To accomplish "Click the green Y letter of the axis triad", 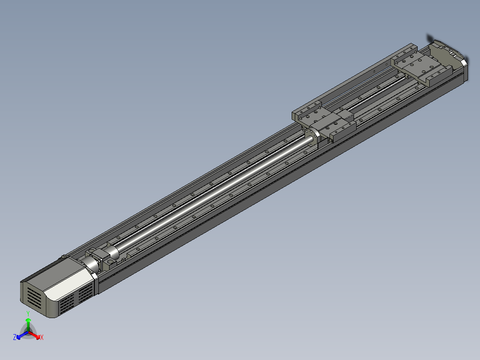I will click(x=28, y=314).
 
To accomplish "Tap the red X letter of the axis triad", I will click(x=42, y=338).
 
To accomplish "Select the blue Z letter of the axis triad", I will click(x=15, y=338).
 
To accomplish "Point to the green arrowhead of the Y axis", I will click(x=28, y=320).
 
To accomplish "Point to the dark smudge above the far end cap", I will click(x=430, y=38).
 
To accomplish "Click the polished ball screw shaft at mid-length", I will click(x=214, y=196).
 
